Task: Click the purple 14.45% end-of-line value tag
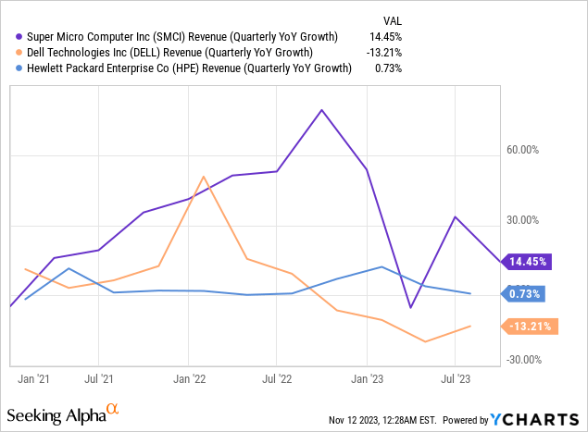click(528, 262)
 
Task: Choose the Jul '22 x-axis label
click(278, 378)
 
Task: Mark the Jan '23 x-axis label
click(367, 378)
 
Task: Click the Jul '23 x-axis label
click(456, 378)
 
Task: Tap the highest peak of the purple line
click(321, 110)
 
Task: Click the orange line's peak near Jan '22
click(204, 176)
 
